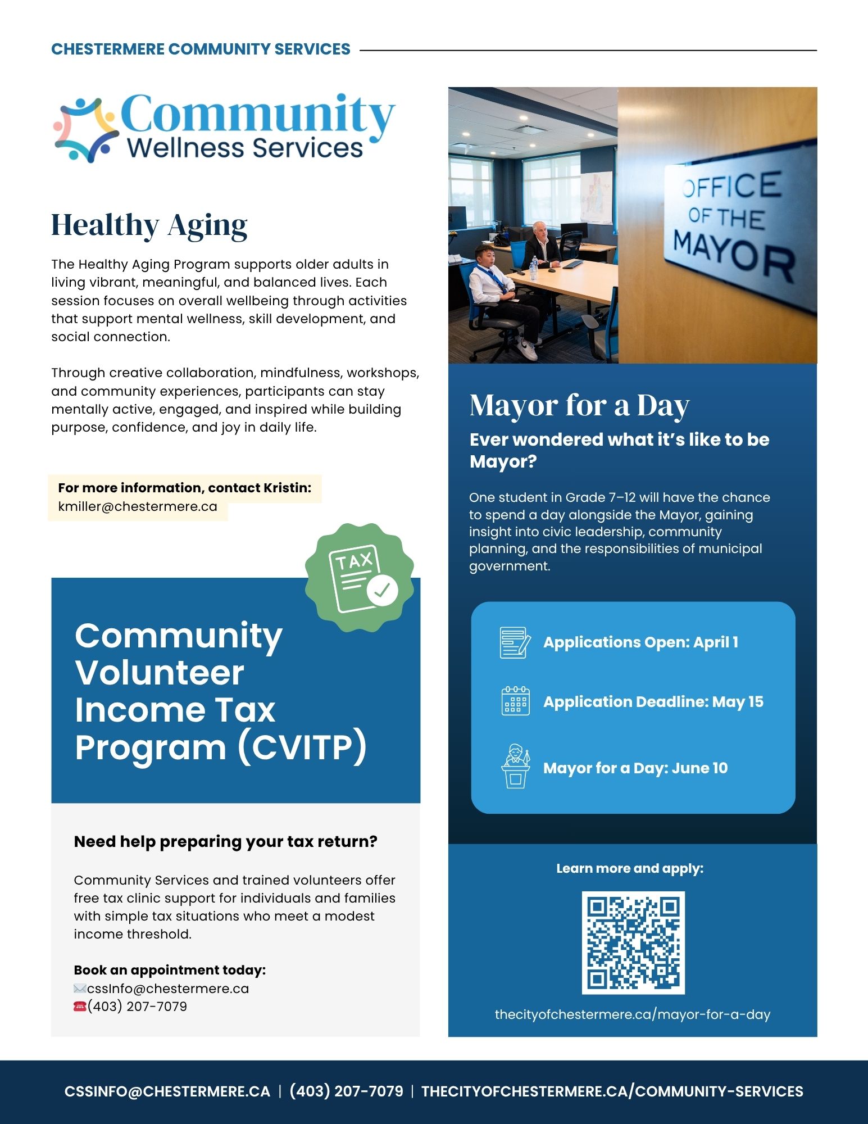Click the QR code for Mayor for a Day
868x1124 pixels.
[x=633, y=942]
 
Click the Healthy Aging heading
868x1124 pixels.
[x=149, y=225]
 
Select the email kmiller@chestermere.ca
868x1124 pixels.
[x=138, y=506]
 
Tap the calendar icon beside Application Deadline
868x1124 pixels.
[x=515, y=701]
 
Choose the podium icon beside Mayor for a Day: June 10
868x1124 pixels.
[x=515, y=767]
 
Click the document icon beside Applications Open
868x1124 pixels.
[x=515, y=642]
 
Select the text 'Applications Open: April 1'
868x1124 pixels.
[x=640, y=642]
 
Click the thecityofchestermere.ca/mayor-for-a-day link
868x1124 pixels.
[x=633, y=1014]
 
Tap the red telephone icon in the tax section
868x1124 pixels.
[x=80, y=1007]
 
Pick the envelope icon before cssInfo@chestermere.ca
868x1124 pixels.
[x=80, y=989]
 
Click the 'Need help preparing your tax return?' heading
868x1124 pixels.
[x=225, y=841]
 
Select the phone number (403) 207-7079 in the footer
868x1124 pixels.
[x=346, y=1091]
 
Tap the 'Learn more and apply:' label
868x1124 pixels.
[x=630, y=868]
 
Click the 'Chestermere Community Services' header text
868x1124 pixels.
[x=201, y=49]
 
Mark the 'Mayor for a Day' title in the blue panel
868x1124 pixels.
[x=579, y=405]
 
